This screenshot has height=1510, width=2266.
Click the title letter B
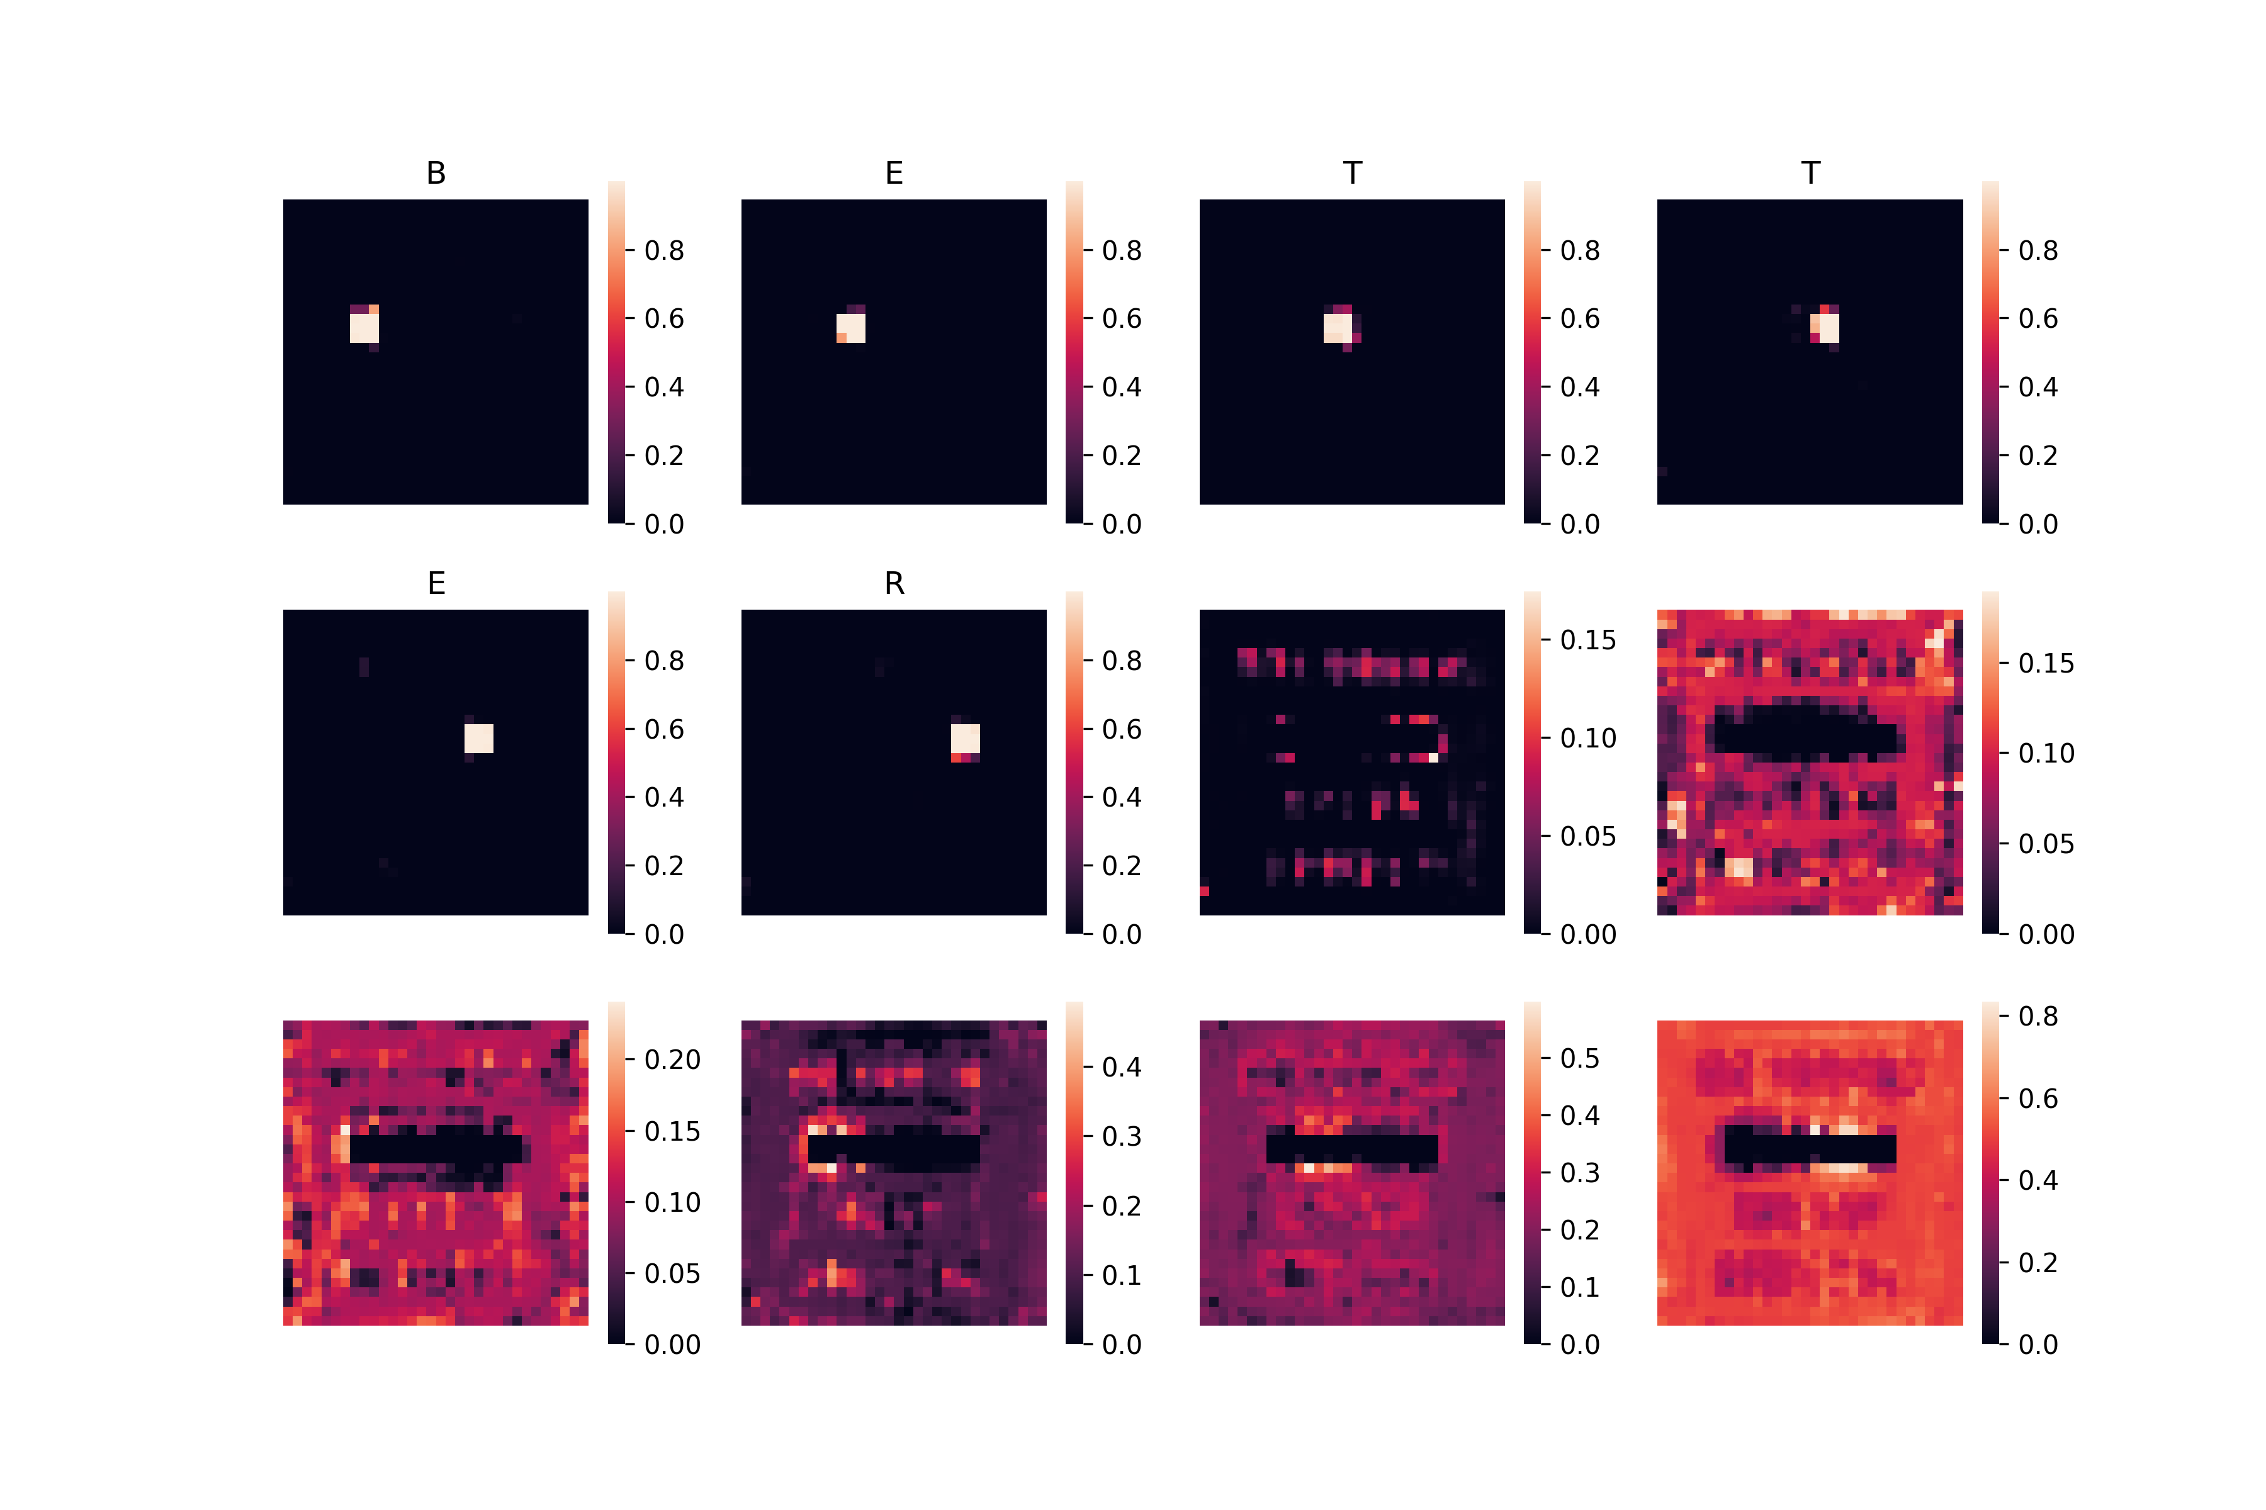(x=436, y=174)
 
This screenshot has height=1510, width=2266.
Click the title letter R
(x=894, y=584)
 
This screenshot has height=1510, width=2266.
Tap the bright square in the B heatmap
(x=364, y=327)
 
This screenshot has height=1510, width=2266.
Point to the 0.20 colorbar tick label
(x=672, y=1060)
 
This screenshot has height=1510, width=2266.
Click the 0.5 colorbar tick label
(x=1580, y=1058)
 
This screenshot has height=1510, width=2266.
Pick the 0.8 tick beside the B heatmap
(x=664, y=250)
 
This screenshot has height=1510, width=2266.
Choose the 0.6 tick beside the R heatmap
(x=1122, y=729)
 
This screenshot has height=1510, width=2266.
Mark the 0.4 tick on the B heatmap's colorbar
(x=664, y=387)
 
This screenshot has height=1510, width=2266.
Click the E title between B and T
(x=894, y=174)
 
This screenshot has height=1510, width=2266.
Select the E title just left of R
(x=436, y=584)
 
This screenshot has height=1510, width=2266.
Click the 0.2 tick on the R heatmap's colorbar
(x=1122, y=866)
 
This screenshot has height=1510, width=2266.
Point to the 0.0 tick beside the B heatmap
(x=664, y=524)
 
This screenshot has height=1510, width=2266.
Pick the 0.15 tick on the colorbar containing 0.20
(x=672, y=1131)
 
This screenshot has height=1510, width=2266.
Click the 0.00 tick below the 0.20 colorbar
(x=672, y=1345)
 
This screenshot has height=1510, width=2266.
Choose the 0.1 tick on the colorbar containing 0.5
(x=1580, y=1287)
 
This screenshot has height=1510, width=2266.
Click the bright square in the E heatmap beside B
(x=851, y=327)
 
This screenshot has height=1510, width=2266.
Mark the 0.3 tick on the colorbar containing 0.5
(x=1580, y=1173)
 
